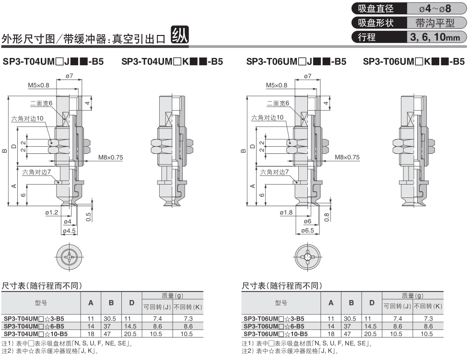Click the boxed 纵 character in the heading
coord(179,35)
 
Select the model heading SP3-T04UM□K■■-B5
coord(172,61)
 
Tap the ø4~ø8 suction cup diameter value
coord(435,9)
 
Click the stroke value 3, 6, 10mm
coord(435,37)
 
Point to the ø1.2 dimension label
coord(52,212)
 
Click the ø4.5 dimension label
coord(69,231)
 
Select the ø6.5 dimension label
coord(307,231)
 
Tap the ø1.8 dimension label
coord(286,212)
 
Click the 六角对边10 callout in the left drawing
coord(27,118)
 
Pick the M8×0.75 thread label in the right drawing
coord(347,157)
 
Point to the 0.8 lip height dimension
coord(327,217)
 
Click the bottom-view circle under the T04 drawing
coord(69,256)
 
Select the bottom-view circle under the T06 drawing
coord(307,256)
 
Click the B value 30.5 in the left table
coord(110,319)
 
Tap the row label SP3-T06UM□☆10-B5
coord(275,334)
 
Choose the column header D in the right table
coord(372,303)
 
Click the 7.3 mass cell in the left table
coord(188,319)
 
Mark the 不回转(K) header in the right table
coord(428,306)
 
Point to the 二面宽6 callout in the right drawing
coord(278,103)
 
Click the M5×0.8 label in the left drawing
coord(38,85)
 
